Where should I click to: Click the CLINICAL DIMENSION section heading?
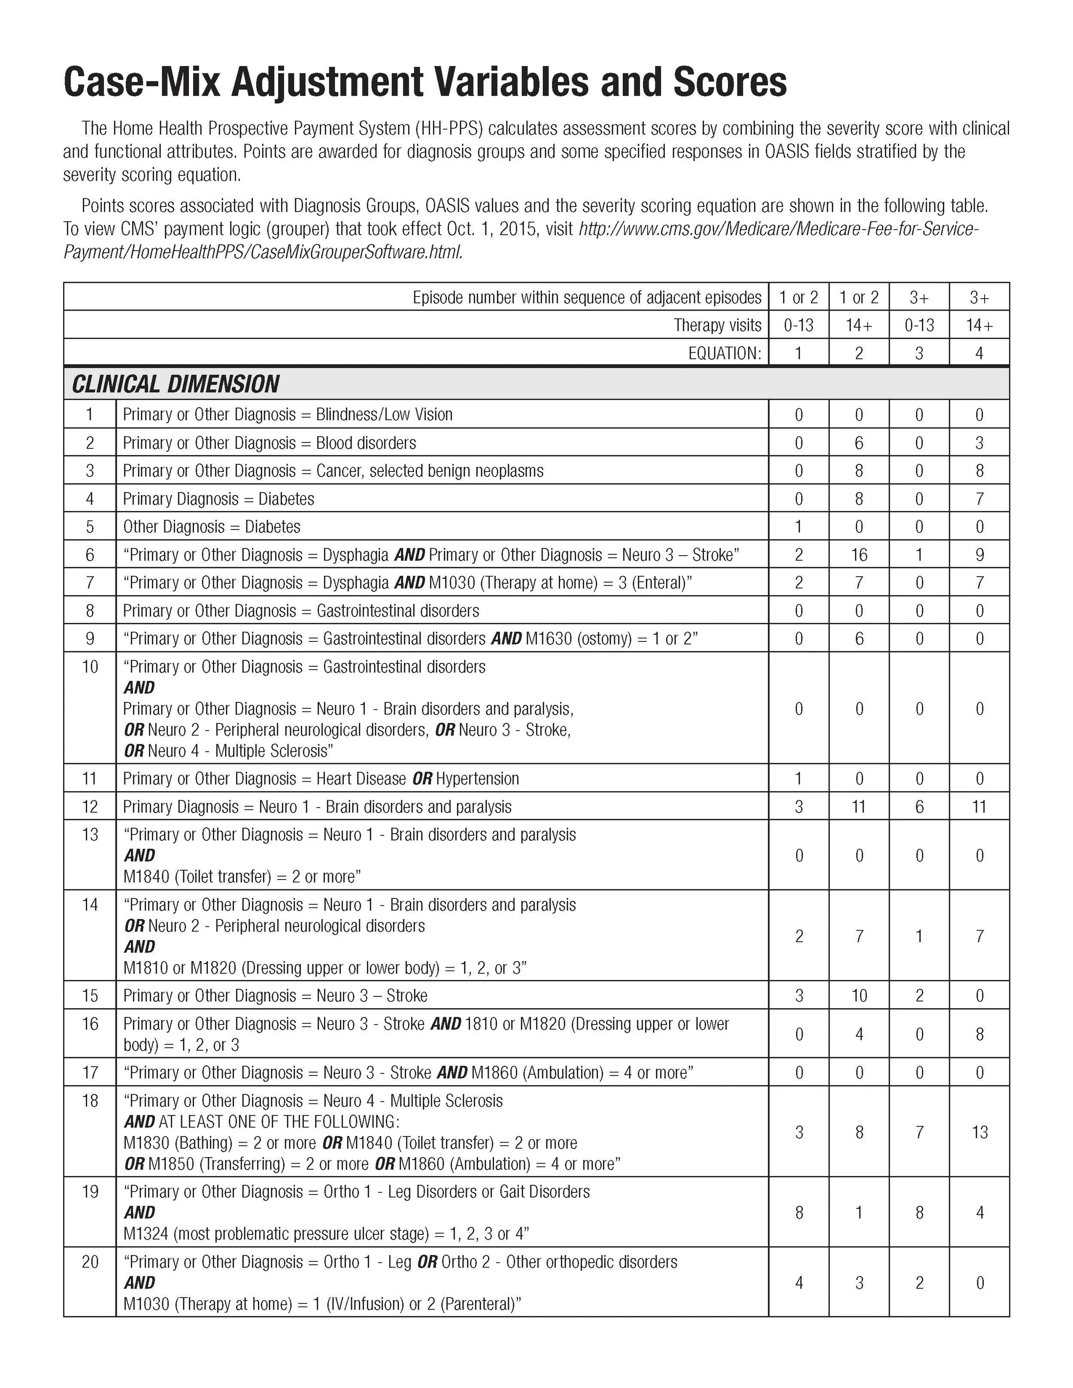[x=176, y=384]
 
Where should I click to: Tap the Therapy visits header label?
[x=717, y=325]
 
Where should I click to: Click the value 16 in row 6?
[x=859, y=555]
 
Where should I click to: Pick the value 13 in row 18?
[x=979, y=1132]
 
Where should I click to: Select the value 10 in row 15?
[x=859, y=996]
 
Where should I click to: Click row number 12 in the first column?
[x=90, y=807]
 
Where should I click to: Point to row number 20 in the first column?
[x=90, y=1261]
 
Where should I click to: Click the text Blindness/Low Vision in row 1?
[x=384, y=414]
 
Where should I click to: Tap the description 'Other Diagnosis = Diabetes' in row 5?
[x=211, y=527]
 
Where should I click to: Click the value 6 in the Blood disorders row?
[x=859, y=443]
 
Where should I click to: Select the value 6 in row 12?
[x=919, y=807]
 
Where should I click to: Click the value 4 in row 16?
[x=859, y=1034]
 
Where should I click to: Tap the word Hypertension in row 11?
[x=477, y=779]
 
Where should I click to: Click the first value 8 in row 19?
[x=799, y=1213]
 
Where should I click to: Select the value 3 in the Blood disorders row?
[x=979, y=443]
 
